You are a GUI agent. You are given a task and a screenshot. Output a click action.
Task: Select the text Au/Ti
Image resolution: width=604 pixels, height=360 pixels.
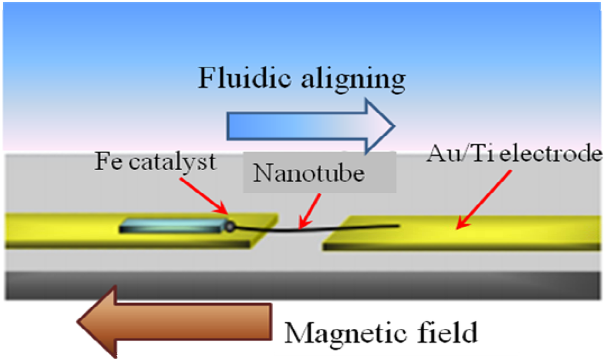click(453, 156)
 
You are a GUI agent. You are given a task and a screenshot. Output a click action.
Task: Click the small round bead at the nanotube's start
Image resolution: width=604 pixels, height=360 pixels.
click(230, 225)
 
